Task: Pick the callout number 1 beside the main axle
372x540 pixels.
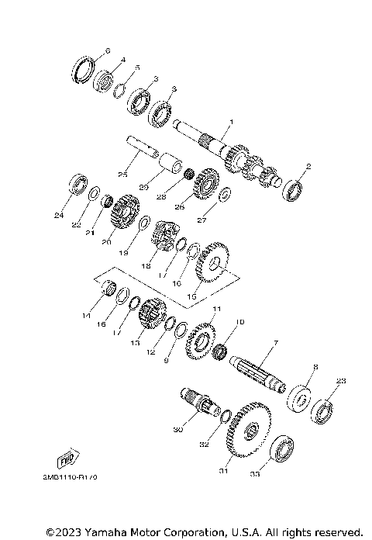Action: pyautogui.click(x=229, y=123)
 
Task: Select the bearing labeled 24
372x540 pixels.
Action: pyautogui.click(x=78, y=185)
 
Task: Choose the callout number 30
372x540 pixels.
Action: pyautogui.click(x=177, y=429)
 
